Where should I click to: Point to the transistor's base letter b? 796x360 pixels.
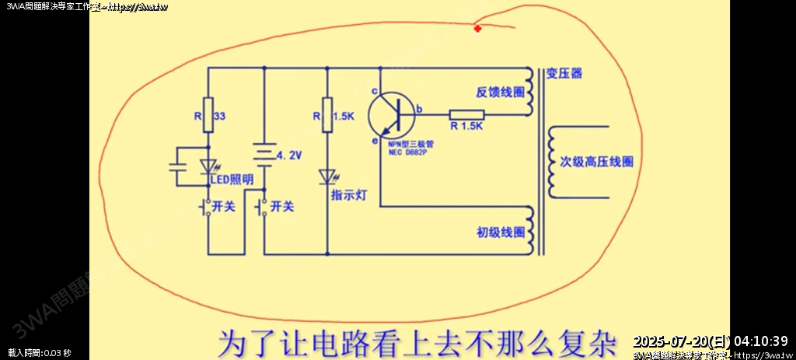pyautogui.click(x=419, y=109)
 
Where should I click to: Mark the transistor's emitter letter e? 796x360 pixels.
pyautogui.click(x=374, y=142)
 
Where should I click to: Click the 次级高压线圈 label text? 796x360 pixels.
pyautogui.click(x=596, y=162)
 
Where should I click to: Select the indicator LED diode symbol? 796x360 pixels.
pyautogui.click(x=327, y=177)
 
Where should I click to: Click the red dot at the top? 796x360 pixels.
pyautogui.click(x=477, y=29)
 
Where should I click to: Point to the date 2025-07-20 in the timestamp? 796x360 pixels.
pyautogui.click(x=677, y=341)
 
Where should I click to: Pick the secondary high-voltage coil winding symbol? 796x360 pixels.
pyautogui.click(x=553, y=162)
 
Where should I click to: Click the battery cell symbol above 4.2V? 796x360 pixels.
pyautogui.click(x=264, y=153)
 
